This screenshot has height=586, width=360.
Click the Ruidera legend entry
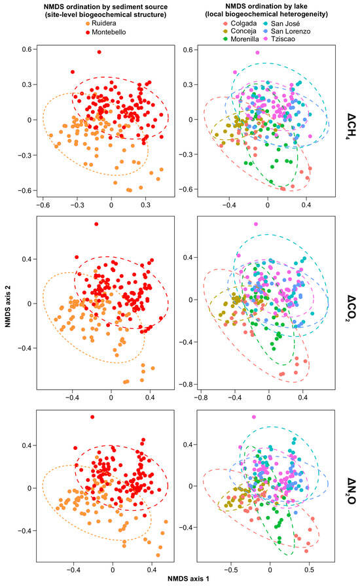[x=101, y=24]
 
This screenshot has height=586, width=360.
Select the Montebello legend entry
[x=105, y=32]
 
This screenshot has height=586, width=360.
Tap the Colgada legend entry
[x=240, y=24]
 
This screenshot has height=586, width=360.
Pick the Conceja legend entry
[x=240, y=31]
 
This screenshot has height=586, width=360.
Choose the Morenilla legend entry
[x=241, y=39]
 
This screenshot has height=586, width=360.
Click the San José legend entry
[x=282, y=24]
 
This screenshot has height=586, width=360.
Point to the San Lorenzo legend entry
[x=287, y=31]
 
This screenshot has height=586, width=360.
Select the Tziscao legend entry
[x=279, y=39]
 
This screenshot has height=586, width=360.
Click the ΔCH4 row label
[x=351, y=126]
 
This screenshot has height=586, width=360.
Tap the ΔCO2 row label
[x=351, y=308]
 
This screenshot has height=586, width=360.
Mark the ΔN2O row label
[x=351, y=491]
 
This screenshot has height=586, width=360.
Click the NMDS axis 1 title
[x=189, y=579]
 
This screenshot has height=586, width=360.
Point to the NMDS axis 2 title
[x=7, y=307]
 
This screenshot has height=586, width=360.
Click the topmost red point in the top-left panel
[x=99, y=52]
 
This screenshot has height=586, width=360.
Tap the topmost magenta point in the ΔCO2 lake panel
[x=256, y=224]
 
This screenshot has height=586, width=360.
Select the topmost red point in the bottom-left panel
[x=92, y=417]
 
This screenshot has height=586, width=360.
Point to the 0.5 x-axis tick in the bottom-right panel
[x=309, y=570]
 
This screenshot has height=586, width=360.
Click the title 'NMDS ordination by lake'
[x=266, y=7]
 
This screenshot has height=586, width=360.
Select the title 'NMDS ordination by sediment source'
[x=105, y=7]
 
